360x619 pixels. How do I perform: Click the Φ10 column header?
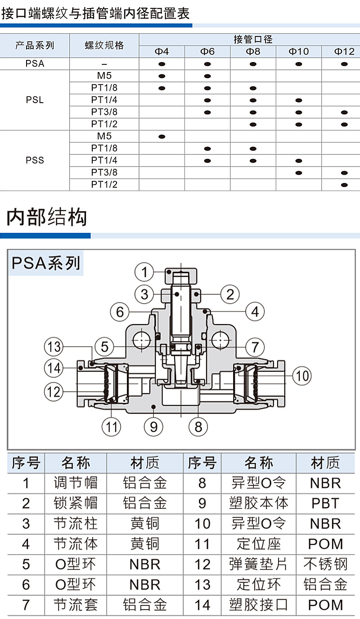(299, 52)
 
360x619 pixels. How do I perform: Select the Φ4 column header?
(162, 52)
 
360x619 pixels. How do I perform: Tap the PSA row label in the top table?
(35, 64)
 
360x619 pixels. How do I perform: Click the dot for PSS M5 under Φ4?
(162, 136)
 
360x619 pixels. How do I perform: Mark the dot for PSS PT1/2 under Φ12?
(345, 185)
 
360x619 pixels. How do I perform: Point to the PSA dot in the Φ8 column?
(253, 64)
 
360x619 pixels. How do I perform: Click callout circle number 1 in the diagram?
(144, 272)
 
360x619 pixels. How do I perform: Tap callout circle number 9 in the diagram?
(153, 426)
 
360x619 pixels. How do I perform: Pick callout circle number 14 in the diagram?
(54, 368)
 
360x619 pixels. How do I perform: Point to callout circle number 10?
(302, 375)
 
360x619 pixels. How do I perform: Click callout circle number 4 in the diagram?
(255, 312)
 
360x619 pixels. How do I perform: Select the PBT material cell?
(325, 503)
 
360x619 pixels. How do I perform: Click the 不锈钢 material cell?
(325, 564)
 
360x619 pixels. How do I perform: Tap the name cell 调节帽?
(76, 483)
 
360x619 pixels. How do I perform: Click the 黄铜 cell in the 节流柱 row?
(144, 524)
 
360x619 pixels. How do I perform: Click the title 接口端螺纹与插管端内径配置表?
(95, 14)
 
